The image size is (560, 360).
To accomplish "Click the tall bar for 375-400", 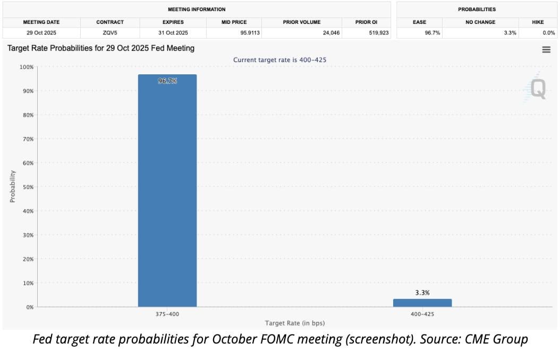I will click(167, 191).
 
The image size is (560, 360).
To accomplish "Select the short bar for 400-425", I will click(422, 303).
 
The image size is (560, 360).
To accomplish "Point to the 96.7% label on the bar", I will click(167, 81).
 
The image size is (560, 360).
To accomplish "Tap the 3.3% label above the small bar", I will click(422, 293).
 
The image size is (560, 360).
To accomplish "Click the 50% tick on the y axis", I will click(27, 187).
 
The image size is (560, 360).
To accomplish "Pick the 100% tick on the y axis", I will click(26, 67).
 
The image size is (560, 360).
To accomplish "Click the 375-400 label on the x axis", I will click(167, 314).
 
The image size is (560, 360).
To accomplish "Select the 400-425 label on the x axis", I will click(422, 314).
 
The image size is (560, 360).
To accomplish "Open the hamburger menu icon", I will click(546, 49).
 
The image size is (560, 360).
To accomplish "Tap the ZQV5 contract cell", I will click(110, 33).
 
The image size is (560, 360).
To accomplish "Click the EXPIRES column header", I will click(173, 22).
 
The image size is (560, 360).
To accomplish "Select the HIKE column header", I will click(538, 22).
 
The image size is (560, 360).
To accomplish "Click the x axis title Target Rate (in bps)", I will click(294, 323).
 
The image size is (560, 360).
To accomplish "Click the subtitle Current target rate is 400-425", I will click(279, 59).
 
